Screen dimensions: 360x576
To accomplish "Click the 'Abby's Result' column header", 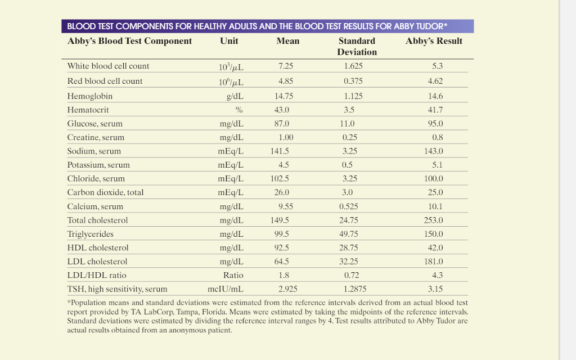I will click(x=434, y=41).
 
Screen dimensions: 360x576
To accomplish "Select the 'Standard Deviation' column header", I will click(x=357, y=46).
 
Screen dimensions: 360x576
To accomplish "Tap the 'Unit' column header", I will click(x=229, y=41).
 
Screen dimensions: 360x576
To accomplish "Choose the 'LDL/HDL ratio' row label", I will click(x=97, y=275).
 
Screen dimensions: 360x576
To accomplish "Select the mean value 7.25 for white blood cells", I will click(x=286, y=66).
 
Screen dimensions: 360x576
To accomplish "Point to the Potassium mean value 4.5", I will click(x=283, y=165).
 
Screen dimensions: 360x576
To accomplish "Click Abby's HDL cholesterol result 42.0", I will click(x=435, y=247).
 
